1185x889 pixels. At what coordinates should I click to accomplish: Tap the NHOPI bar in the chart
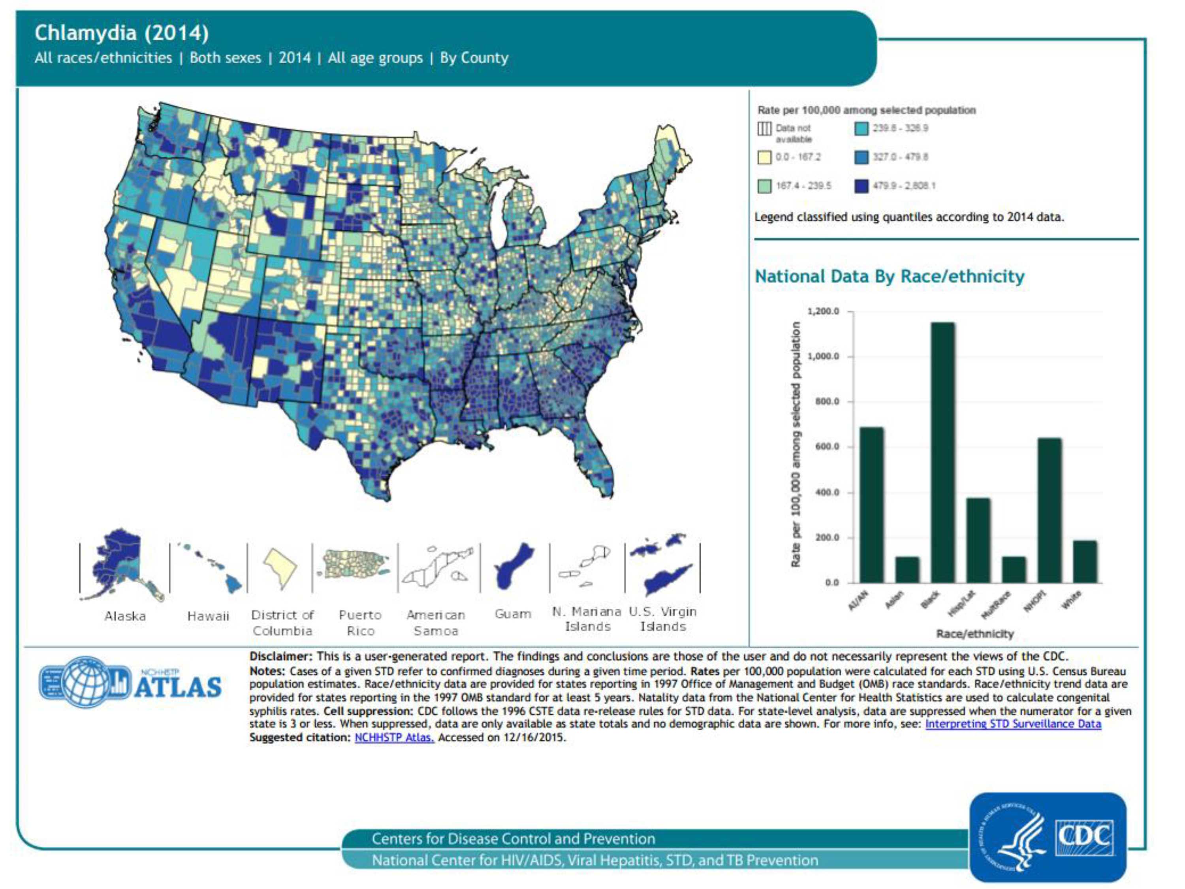[x=1050, y=510]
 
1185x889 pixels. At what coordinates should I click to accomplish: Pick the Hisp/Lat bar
[x=978, y=540]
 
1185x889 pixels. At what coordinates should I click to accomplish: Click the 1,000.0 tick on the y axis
[x=823, y=356]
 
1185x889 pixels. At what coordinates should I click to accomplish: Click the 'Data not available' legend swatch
[x=764, y=129]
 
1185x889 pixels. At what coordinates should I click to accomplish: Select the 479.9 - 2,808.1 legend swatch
[x=861, y=186]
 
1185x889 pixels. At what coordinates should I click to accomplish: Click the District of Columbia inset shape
[x=280, y=567]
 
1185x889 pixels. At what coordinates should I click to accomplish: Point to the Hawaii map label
[x=208, y=616]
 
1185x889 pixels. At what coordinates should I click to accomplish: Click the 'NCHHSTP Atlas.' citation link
[x=394, y=737]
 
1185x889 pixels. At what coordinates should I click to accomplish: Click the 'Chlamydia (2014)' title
[x=122, y=33]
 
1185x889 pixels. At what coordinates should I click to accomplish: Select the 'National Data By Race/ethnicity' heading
[x=889, y=277]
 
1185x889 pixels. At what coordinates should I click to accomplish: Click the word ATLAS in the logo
[x=178, y=687]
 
